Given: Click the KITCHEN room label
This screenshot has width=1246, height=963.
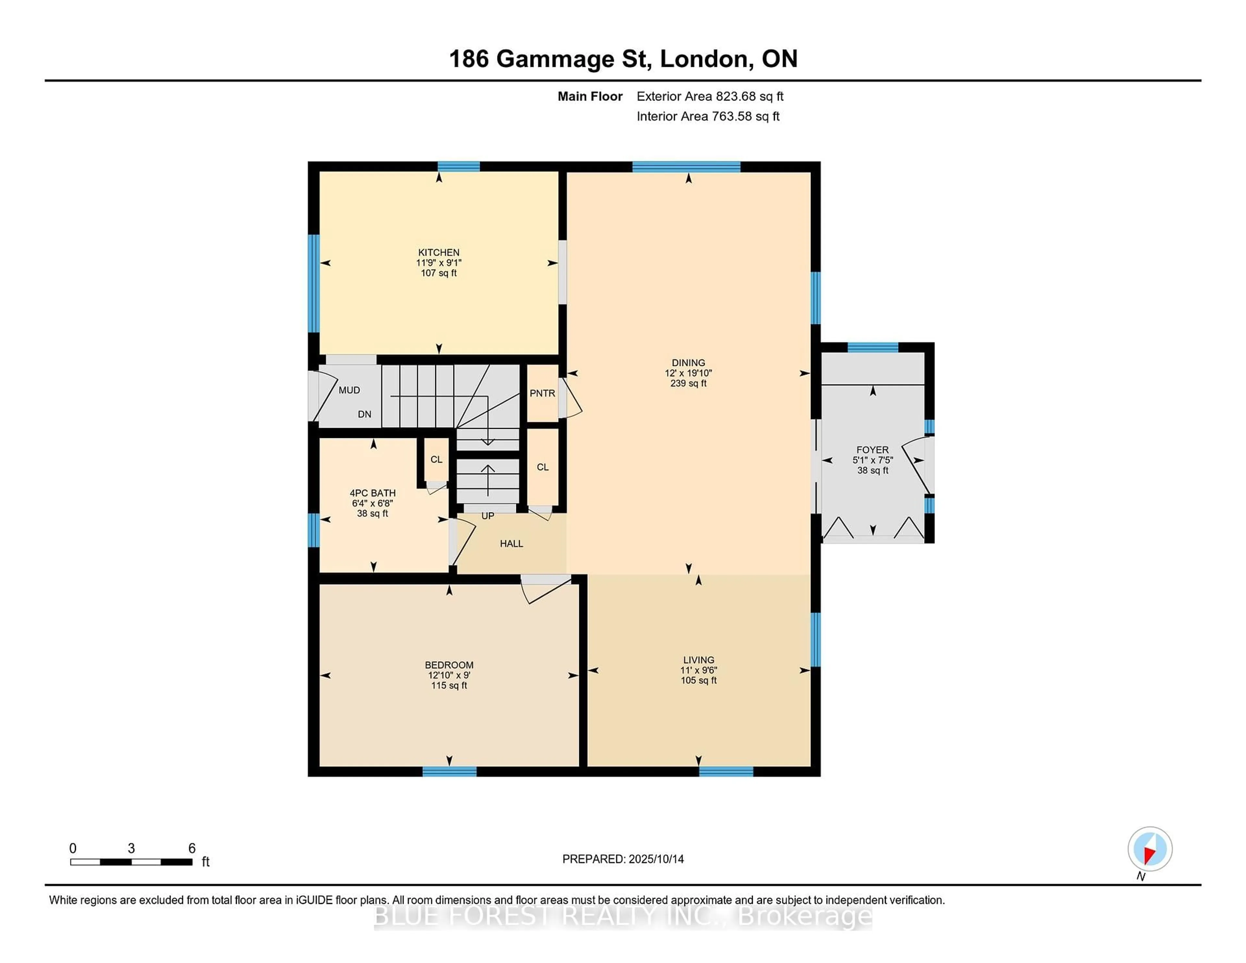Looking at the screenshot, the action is pyautogui.click(x=439, y=252).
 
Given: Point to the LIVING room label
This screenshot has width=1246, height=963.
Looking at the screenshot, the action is pyautogui.click(x=698, y=660).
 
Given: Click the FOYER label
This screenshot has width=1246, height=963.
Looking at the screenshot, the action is pyautogui.click(x=872, y=450).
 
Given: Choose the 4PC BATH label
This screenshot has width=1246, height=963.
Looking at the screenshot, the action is pyautogui.click(x=373, y=493).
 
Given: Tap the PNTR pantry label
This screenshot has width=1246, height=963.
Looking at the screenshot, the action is pyautogui.click(x=542, y=393).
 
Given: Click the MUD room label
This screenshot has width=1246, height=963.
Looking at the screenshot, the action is pyautogui.click(x=349, y=390).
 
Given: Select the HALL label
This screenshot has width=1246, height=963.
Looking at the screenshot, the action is pyautogui.click(x=511, y=544).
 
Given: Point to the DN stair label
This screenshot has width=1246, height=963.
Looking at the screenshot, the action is pyautogui.click(x=365, y=414).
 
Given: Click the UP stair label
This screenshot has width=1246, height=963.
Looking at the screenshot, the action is pyautogui.click(x=488, y=516).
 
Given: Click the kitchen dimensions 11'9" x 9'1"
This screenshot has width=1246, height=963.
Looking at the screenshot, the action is pyautogui.click(x=439, y=262).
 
